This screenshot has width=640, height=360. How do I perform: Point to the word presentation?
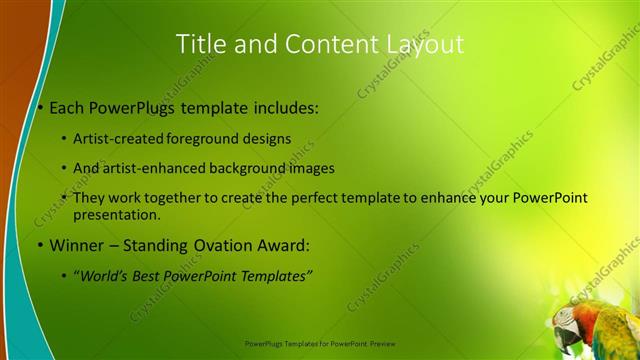(x=116, y=214)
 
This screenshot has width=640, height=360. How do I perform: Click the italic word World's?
(x=107, y=275)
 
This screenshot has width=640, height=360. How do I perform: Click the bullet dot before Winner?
(x=39, y=246)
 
